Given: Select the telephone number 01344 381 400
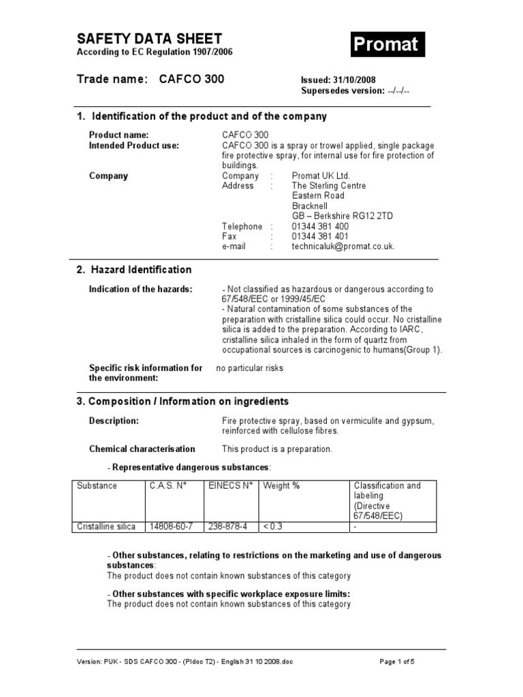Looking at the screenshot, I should [x=320, y=226].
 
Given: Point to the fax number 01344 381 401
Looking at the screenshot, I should [x=320, y=236].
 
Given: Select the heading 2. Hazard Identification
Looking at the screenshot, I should [x=133, y=270].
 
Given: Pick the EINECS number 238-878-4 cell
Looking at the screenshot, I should [x=229, y=526].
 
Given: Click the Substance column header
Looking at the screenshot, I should [x=97, y=485].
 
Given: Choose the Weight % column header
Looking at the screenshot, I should [x=281, y=485].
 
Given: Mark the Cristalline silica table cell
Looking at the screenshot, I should [x=106, y=526].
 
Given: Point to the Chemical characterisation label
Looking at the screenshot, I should [x=142, y=449].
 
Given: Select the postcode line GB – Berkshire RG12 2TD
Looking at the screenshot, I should [x=342, y=216].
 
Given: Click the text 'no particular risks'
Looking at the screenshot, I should [x=249, y=368].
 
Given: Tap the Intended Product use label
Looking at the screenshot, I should [x=134, y=145].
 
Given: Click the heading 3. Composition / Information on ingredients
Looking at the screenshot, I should [x=183, y=401].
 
